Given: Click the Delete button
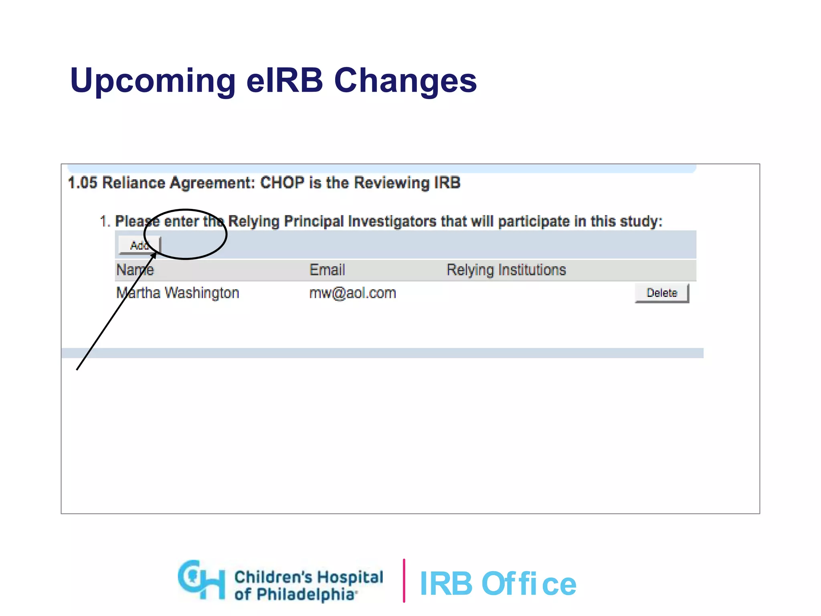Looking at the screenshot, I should click(x=661, y=293).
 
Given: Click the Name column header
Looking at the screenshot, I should click(x=135, y=270).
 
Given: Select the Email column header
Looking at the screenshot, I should click(x=327, y=270).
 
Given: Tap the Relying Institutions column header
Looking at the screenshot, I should click(x=506, y=270).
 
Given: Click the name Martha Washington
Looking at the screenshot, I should click(x=178, y=293).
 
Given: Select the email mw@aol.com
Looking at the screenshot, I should click(x=352, y=293).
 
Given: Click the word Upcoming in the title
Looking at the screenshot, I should click(x=153, y=81).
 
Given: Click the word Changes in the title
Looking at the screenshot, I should click(x=405, y=81).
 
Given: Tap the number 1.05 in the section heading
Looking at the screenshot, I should click(x=83, y=183).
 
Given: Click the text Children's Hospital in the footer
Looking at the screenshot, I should click(x=309, y=577).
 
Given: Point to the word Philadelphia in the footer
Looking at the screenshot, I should click(x=305, y=594).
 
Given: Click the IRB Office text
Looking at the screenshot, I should click(x=497, y=584).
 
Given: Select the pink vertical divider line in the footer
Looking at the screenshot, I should click(x=404, y=580).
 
